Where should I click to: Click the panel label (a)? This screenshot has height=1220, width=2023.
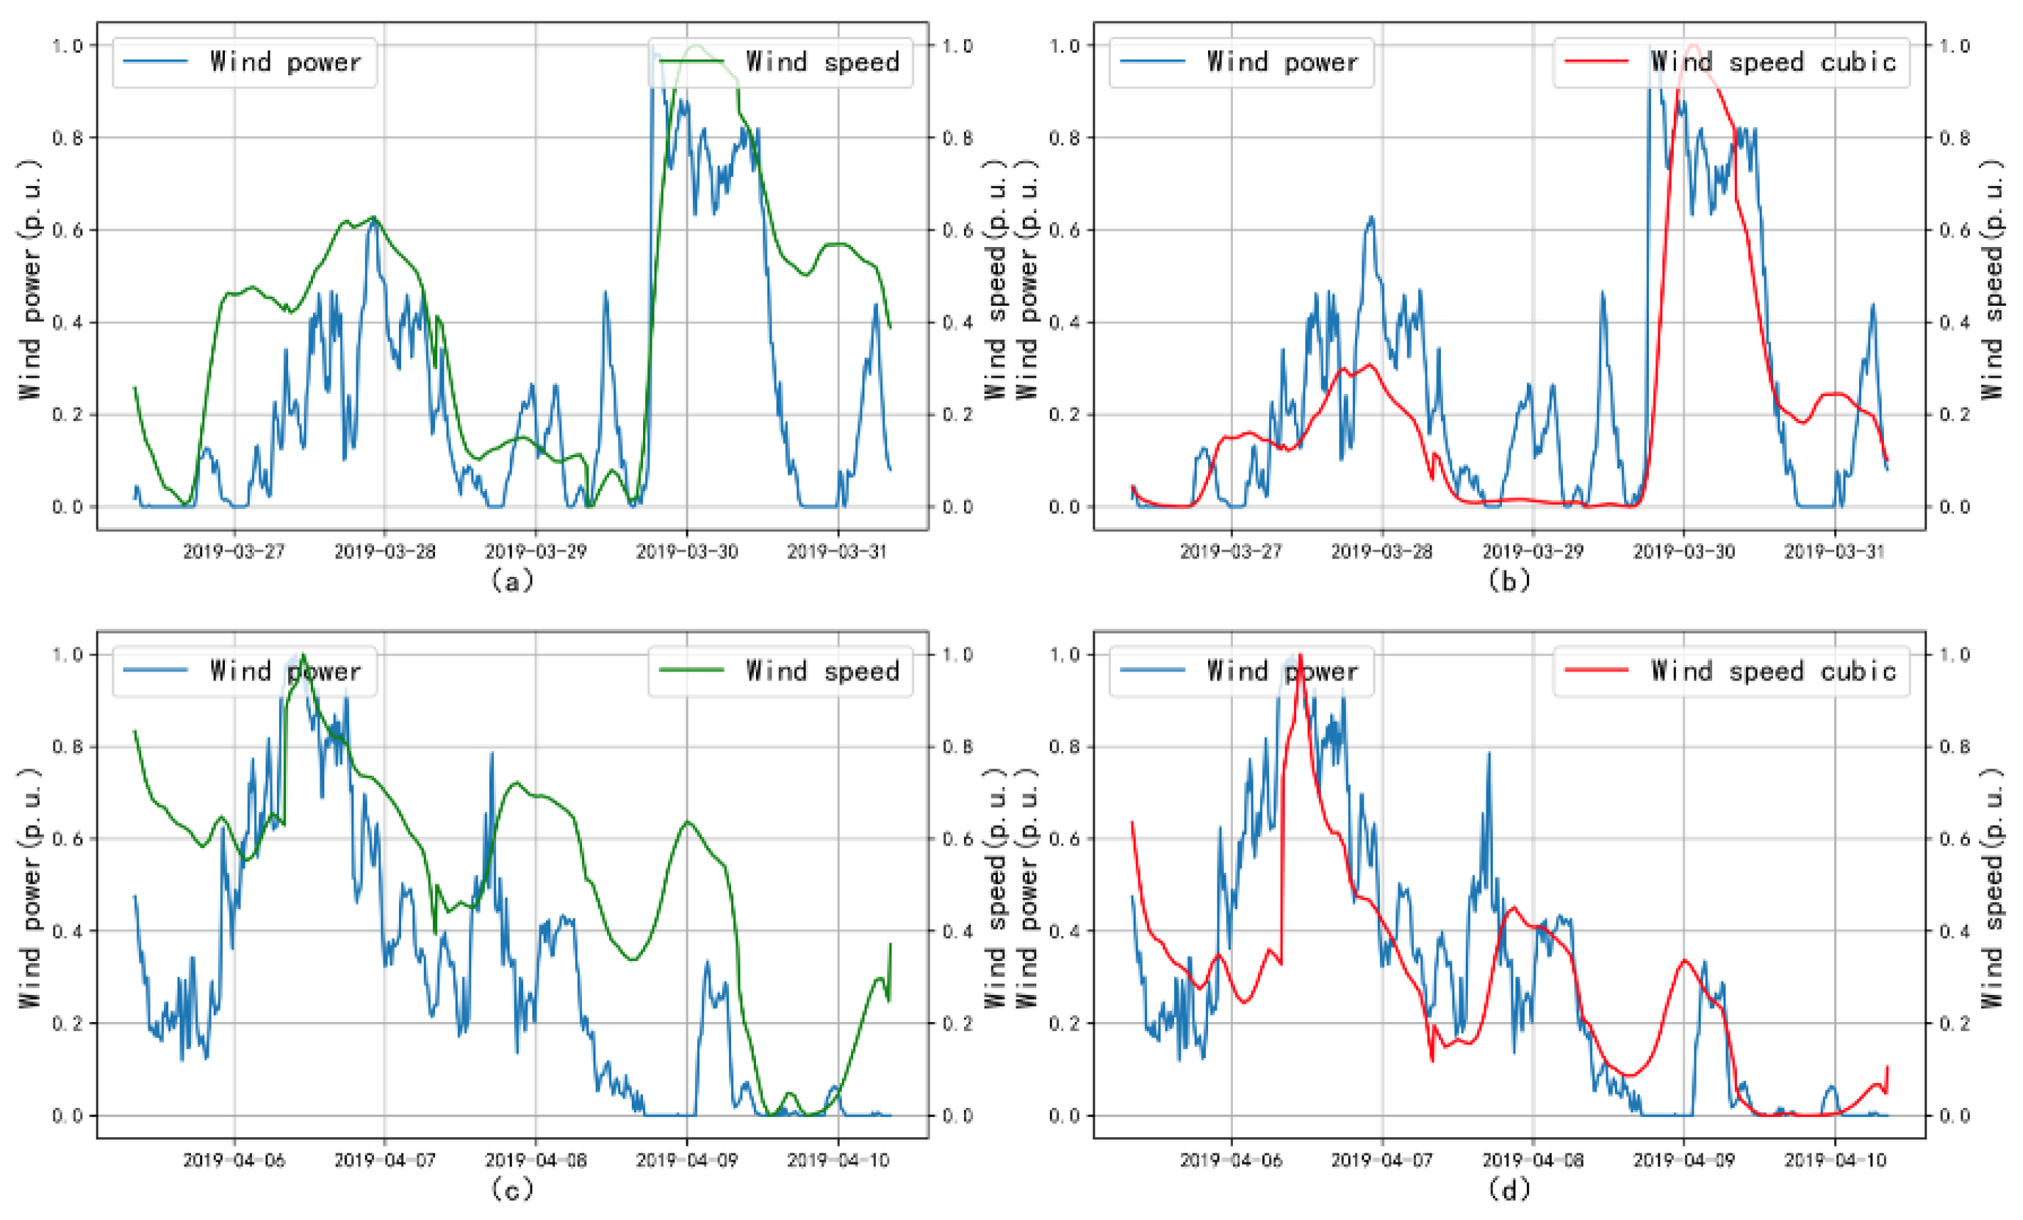[512, 581]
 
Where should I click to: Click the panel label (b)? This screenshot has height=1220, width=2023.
[1509, 581]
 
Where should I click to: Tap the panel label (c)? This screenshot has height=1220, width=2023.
[512, 1189]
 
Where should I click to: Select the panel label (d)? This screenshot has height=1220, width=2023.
[1509, 1189]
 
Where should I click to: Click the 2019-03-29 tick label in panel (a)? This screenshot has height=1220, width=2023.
[535, 551]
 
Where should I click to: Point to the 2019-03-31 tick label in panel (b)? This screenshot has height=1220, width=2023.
[1834, 551]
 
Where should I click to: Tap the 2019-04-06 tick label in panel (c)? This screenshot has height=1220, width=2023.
[234, 1160]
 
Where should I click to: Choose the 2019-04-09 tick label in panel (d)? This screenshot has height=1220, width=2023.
[1684, 1160]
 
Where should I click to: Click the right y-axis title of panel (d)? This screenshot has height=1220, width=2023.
[1993, 889]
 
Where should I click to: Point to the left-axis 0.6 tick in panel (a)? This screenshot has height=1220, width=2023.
[68, 230]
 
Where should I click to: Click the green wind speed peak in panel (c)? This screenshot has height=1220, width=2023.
[304, 656]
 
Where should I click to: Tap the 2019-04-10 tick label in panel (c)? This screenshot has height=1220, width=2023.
[838, 1160]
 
